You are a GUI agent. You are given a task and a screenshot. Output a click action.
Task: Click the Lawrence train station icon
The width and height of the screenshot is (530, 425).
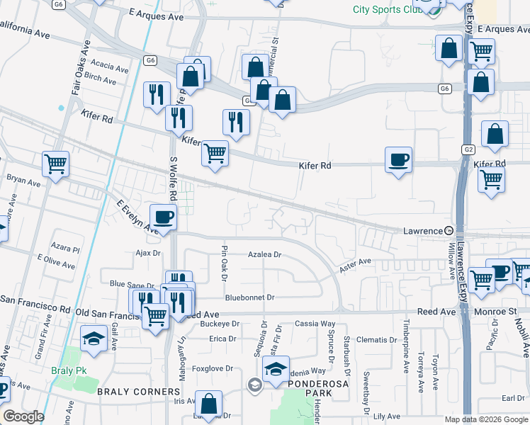[x=449, y=230]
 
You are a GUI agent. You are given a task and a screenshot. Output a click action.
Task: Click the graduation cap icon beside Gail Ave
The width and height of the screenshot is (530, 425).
[x=93, y=339]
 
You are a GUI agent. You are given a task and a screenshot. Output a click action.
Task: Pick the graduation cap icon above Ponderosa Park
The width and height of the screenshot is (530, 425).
[x=276, y=368]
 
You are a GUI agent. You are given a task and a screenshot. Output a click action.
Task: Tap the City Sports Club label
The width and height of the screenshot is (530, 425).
[x=385, y=9]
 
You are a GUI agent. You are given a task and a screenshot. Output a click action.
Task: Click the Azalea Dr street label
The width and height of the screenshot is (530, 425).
[x=265, y=254]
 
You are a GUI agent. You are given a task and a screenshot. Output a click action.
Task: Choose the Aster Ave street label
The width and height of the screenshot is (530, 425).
[x=355, y=262]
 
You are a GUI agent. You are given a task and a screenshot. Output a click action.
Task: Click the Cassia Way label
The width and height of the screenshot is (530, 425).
[x=315, y=324]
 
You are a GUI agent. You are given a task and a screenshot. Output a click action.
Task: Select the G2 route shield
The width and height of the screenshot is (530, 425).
[x=468, y=149]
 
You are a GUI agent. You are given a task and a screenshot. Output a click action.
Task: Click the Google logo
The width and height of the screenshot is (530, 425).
[x=23, y=416]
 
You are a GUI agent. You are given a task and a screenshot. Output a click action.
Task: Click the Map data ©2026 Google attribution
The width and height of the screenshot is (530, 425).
[x=485, y=419]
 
